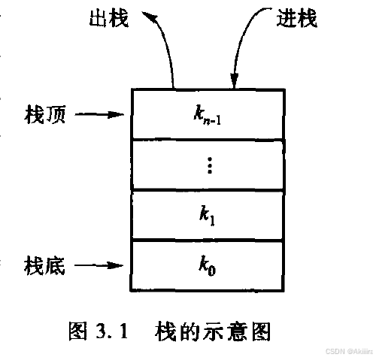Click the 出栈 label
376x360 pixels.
pos(109,18)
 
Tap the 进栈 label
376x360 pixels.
pos(297,18)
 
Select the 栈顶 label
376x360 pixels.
pos(45,114)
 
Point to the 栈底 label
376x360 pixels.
pos(44,266)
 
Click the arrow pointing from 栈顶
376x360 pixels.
pos(99,115)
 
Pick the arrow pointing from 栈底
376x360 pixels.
pos(99,265)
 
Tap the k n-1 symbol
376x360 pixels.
pos(207,116)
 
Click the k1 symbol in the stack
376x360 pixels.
pos(207,216)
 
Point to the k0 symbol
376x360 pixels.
pos(208,266)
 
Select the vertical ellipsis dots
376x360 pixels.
pos(210,165)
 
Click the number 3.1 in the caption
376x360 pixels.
pos(112,331)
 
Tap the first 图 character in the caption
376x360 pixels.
pos(78,331)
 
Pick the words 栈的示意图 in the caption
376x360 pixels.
pos(213,331)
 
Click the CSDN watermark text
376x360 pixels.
pos(349,351)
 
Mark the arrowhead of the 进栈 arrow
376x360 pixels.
pos(235,80)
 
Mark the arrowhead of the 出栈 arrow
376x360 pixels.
pos(150,17)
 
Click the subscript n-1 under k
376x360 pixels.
pos(212,121)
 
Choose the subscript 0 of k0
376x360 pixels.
pos(211,271)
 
